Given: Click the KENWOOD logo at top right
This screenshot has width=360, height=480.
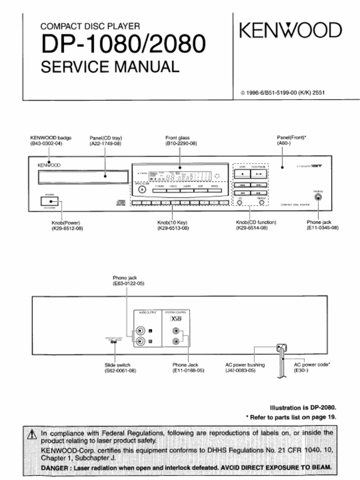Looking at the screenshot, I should [291, 31].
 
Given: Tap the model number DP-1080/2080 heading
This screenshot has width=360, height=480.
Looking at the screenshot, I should [123, 45].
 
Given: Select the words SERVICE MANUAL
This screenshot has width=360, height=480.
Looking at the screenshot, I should [110, 67].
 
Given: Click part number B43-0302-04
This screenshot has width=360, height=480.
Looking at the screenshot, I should [46, 143].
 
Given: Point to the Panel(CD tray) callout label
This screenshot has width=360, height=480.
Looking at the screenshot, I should [105, 138].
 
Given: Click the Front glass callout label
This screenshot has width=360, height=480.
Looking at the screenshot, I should [178, 138].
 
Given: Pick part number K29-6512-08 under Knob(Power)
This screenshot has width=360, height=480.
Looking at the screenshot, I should [67, 228].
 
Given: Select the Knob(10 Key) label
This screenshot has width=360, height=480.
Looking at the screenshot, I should [173, 222].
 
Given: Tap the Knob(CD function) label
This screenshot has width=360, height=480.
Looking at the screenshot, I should [256, 222].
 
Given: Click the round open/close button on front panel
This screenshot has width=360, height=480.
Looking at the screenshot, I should [142, 189].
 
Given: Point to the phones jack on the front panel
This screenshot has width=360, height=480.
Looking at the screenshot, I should [318, 197].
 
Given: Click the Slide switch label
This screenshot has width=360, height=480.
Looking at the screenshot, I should [117, 365].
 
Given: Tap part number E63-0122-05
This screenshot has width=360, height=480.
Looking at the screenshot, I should [128, 284].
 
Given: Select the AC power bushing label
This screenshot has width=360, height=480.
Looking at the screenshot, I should [245, 365].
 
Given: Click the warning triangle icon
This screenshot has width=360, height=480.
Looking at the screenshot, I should [32, 435].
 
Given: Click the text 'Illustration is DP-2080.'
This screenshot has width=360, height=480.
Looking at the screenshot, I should [303, 407].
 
